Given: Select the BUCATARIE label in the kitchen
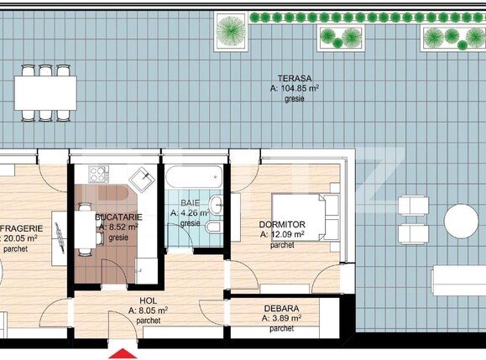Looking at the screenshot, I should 120,217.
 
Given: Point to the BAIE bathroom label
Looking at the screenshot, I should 191,202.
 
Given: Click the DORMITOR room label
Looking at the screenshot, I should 283,224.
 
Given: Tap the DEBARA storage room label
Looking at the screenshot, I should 282,308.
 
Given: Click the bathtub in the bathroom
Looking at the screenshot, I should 194,178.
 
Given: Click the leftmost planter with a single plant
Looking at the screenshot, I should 228,31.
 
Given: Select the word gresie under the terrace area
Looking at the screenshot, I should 294,99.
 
